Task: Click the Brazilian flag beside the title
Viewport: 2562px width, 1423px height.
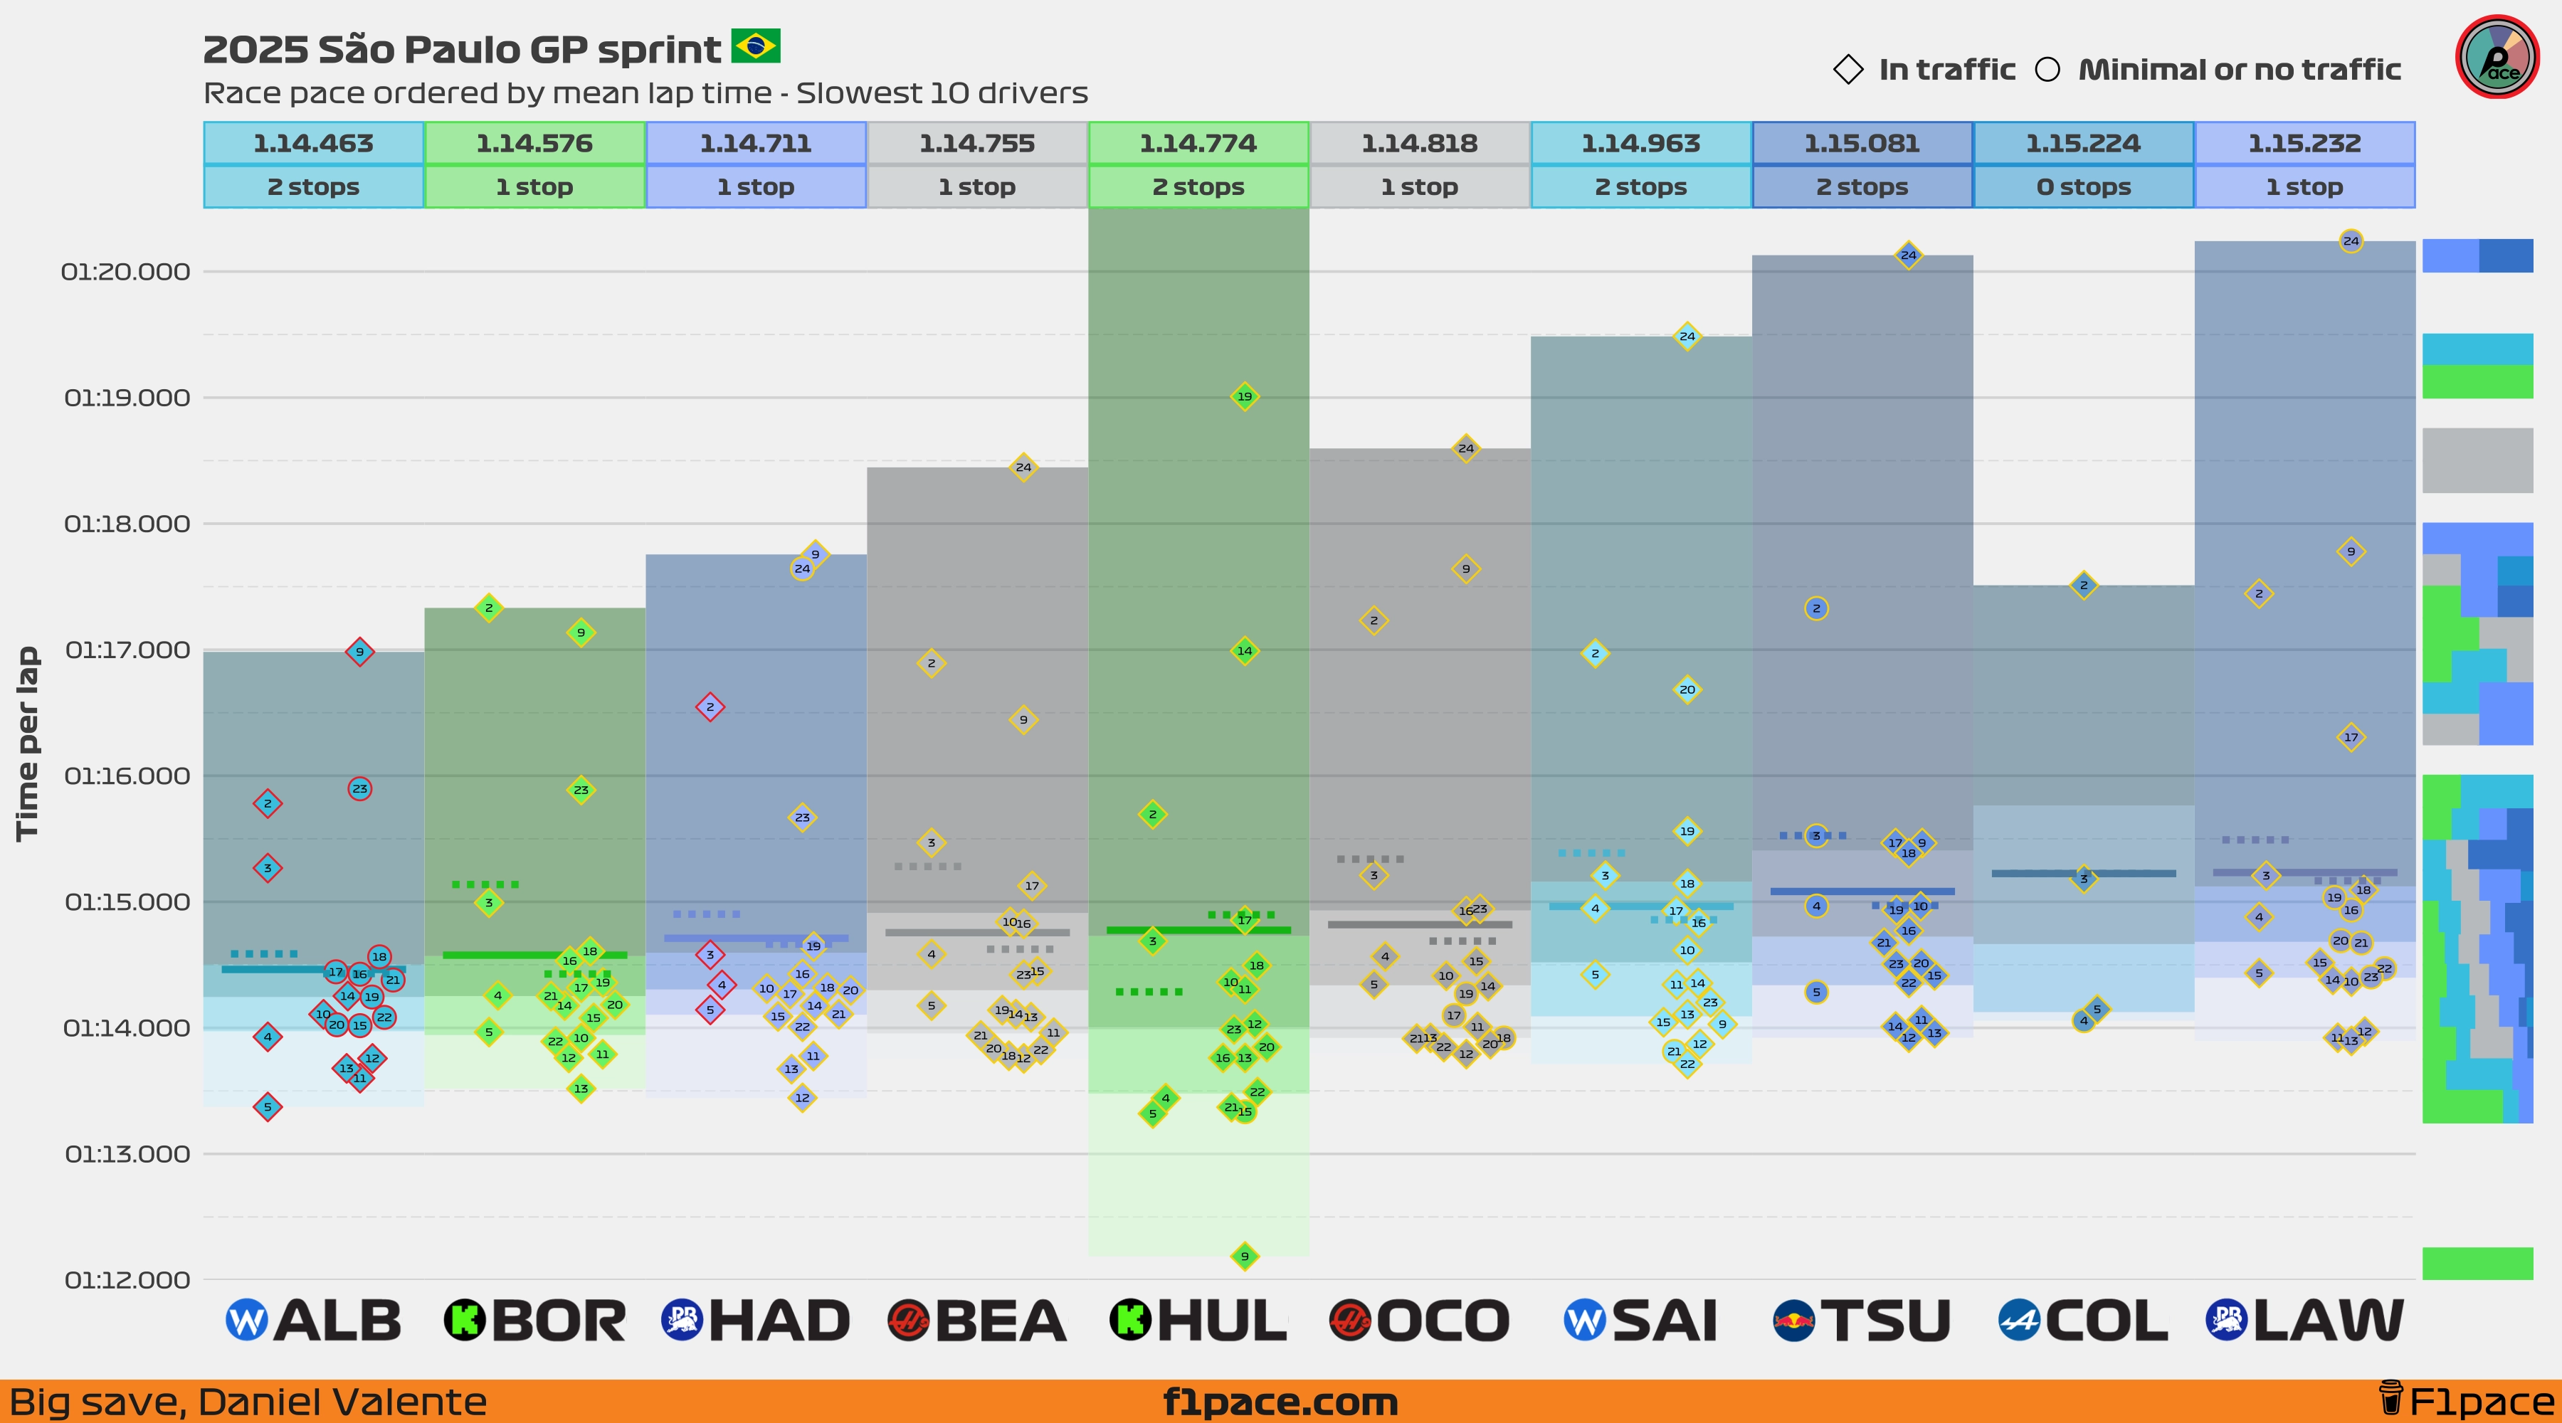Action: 755,46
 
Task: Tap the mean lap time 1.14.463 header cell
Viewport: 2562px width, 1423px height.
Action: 313,143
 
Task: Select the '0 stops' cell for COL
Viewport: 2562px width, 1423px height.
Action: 2082,187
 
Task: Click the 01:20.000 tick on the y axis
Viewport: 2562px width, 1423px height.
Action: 125,272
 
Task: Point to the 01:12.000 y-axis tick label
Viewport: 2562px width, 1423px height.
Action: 126,1280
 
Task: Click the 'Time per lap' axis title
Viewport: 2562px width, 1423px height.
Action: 27,744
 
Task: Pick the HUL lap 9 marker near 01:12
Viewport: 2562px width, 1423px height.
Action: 1244,1256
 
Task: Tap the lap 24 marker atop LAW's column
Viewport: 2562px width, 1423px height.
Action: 2350,240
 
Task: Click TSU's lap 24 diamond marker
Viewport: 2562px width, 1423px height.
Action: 1907,255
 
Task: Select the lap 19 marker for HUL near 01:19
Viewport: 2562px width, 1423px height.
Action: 1244,397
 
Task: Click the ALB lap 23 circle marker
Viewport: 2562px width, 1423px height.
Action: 360,788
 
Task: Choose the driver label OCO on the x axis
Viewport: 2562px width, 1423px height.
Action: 1442,1321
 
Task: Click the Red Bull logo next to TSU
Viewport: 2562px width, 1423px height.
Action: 1793,1321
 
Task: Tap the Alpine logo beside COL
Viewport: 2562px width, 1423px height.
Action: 2018,1321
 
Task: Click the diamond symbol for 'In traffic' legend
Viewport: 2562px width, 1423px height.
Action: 1848,70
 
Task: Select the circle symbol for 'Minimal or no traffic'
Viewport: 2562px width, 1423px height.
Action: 2047,70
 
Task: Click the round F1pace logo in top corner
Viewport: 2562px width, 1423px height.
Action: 2497,57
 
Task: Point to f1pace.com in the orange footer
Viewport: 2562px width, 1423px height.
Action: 1280,1402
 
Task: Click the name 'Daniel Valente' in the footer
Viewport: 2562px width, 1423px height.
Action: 342,1402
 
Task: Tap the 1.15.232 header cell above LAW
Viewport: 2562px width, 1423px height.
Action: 2304,143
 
